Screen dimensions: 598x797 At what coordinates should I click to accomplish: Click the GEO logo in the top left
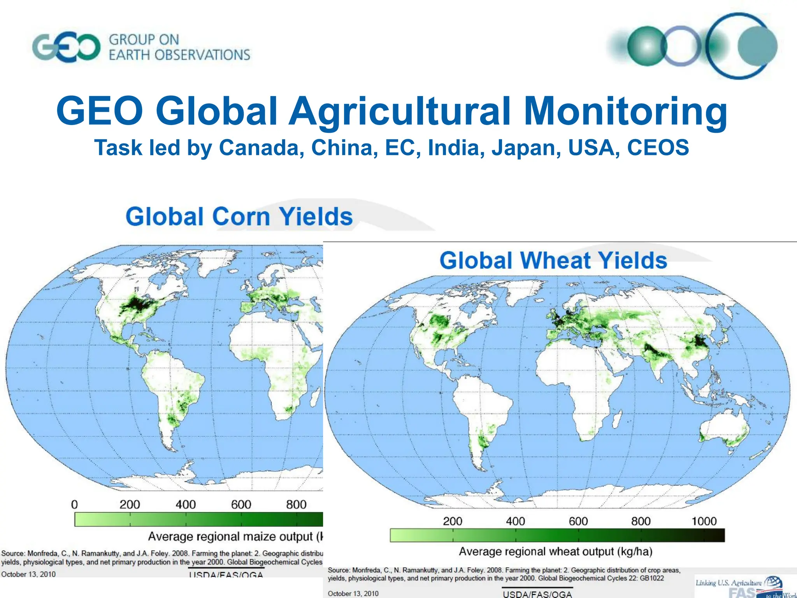click(66, 47)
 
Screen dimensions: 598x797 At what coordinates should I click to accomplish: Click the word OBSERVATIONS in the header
click(202, 55)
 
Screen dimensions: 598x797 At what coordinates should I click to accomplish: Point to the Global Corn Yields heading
click(239, 216)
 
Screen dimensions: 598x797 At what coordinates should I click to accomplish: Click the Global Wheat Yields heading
click(553, 260)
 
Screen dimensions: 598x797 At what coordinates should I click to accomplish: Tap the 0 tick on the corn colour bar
click(74, 505)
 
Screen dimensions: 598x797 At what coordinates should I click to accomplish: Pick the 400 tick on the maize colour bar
click(186, 505)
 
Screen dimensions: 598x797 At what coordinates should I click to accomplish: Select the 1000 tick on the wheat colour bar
click(704, 521)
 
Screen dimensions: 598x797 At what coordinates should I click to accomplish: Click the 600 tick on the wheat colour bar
click(578, 521)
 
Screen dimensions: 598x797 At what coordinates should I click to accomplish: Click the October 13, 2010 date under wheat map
click(353, 593)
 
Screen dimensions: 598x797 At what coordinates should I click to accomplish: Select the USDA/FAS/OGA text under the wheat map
click(537, 594)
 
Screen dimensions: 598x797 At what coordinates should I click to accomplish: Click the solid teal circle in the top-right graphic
click(757, 46)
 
